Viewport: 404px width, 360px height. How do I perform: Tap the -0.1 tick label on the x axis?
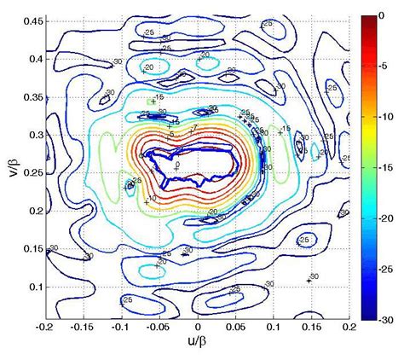[x=122, y=328]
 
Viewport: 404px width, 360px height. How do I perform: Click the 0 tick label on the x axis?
[x=198, y=328]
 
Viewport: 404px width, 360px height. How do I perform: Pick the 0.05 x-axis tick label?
[x=236, y=328]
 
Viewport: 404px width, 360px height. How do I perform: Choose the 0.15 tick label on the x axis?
[x=312, y=328]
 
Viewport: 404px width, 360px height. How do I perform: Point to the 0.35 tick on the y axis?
[x=32, y=97]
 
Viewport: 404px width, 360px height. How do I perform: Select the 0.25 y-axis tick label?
[x=32, y=173]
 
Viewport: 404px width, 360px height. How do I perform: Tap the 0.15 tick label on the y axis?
[x=32, y=249]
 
